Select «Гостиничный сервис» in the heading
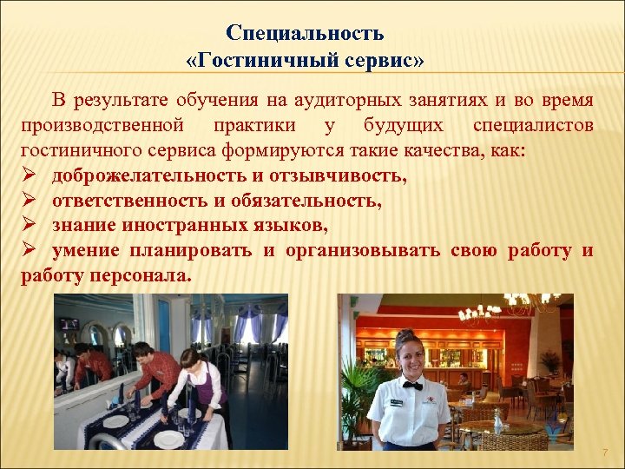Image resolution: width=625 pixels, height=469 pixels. [x=305, y=63]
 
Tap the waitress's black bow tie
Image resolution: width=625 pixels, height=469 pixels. [x=411, y=385]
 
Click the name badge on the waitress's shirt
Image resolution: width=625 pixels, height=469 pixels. [x=395, y=402]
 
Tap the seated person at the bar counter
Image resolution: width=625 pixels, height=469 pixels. [x=464, y=380]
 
